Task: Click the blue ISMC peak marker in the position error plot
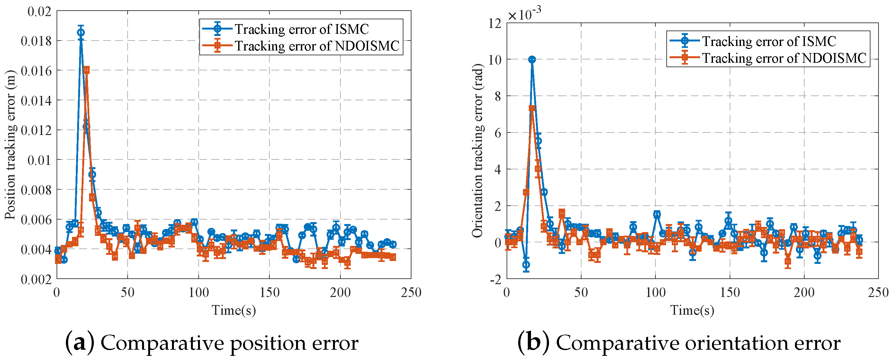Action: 81,32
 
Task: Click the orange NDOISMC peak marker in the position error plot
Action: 86,70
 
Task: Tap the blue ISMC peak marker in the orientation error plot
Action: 532,59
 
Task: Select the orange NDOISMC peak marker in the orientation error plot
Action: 532,108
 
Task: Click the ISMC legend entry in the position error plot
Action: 286,29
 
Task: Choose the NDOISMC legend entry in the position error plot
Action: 301,46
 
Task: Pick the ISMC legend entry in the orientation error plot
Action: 753,41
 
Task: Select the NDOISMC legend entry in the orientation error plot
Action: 768,58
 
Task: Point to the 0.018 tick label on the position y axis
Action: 36,41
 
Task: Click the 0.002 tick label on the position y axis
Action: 36,279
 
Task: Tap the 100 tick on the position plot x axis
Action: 198,293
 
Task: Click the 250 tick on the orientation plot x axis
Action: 878,293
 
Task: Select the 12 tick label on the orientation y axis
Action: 495,23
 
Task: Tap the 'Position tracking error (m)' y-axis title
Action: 10,145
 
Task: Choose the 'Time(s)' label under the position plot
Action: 234,310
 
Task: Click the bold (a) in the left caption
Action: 80,343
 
